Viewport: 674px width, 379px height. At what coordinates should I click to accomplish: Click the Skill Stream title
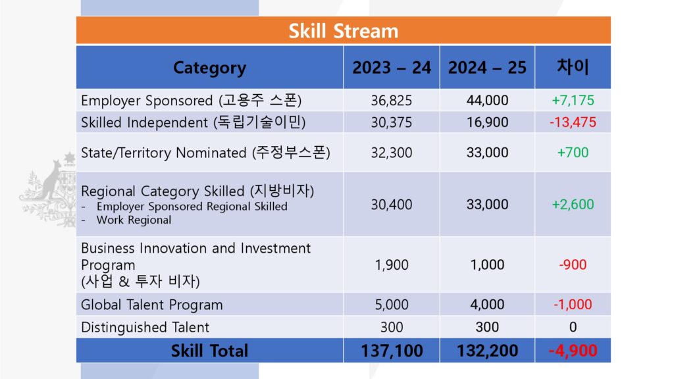343,31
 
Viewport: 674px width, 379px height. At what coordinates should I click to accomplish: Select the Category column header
209,68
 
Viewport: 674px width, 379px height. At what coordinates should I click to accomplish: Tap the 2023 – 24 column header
392,68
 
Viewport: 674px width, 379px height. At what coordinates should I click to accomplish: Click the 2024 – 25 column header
487,68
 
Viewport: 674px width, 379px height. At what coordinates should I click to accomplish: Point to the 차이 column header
573,66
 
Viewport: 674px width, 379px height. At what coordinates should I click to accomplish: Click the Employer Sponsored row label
192,101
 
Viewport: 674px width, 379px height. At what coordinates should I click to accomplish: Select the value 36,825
392,101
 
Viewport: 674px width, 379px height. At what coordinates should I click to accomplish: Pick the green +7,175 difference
573,101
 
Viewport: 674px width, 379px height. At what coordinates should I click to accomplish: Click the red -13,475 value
573,122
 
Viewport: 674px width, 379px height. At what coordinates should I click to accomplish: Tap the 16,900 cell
487,122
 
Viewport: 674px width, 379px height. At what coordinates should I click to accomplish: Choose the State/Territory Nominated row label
205,153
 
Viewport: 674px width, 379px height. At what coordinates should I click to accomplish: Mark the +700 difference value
573,153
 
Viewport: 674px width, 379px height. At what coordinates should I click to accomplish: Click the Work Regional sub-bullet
134,220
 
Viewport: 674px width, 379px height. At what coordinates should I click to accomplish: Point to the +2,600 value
573,205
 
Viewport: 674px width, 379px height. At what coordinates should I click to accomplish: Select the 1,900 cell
392,265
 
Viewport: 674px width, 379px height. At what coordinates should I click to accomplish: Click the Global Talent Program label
152,305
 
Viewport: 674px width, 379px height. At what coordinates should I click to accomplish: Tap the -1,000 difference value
573,305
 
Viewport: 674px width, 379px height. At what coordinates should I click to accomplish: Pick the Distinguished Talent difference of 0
573,327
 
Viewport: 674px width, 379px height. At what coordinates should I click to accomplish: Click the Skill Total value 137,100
392,351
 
